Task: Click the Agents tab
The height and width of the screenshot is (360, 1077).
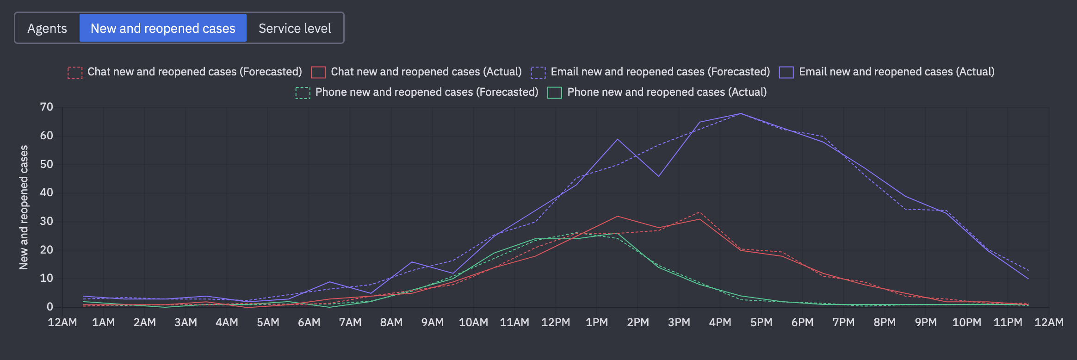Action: pyautogui.click(x=47, y=28)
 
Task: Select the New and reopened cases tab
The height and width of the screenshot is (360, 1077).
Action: pyautogui.click(x=163, y=28)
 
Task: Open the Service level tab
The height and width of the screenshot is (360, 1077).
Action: pyautogui.click(x=295, y=28)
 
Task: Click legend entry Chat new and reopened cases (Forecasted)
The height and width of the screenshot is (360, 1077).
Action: pyautogui.click(x=185, y=72)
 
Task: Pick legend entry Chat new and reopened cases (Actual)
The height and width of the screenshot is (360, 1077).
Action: pyautogui.click(x=416, y=72)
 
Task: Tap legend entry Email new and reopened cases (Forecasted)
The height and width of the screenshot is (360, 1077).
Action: pyautogui.click(x=650, y=72)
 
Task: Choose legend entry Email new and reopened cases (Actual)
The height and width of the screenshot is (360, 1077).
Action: pyautogui.click(x=887, y=72)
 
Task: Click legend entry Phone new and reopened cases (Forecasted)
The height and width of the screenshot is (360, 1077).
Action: pyautogui.click(x=417, y=92)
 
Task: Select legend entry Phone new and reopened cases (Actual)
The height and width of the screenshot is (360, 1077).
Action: pyautogui.click(x=657, y=92)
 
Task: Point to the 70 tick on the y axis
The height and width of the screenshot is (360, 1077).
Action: pyautogui.click(x=47, y=107)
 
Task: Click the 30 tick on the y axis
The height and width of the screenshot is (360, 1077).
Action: pyautogui.click(x=47, y=221)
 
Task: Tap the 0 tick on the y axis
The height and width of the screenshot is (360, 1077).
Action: pyautogui.click(x=50, y=307)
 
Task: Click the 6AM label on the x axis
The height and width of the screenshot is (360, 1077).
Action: pyautogui.click(x=309, y=323)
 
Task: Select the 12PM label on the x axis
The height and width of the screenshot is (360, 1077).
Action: pyautogui.click(x=556, y=323)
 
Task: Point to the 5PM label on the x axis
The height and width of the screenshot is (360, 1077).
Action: pyautogui.click(x=761, y=323)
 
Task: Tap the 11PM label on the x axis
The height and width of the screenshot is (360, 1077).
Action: pyautogui.click(x=1008, y=323)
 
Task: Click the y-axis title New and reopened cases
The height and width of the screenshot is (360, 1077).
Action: pyautogui.click(x=24, y=207)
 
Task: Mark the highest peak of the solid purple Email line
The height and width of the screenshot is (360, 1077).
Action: pyautogui.click(x=741, y=113)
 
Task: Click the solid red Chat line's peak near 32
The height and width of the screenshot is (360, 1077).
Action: pyautogui.click(x=618, y=216)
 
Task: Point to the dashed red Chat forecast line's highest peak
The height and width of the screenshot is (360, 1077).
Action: pyautogui.click(x=699, y=212)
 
